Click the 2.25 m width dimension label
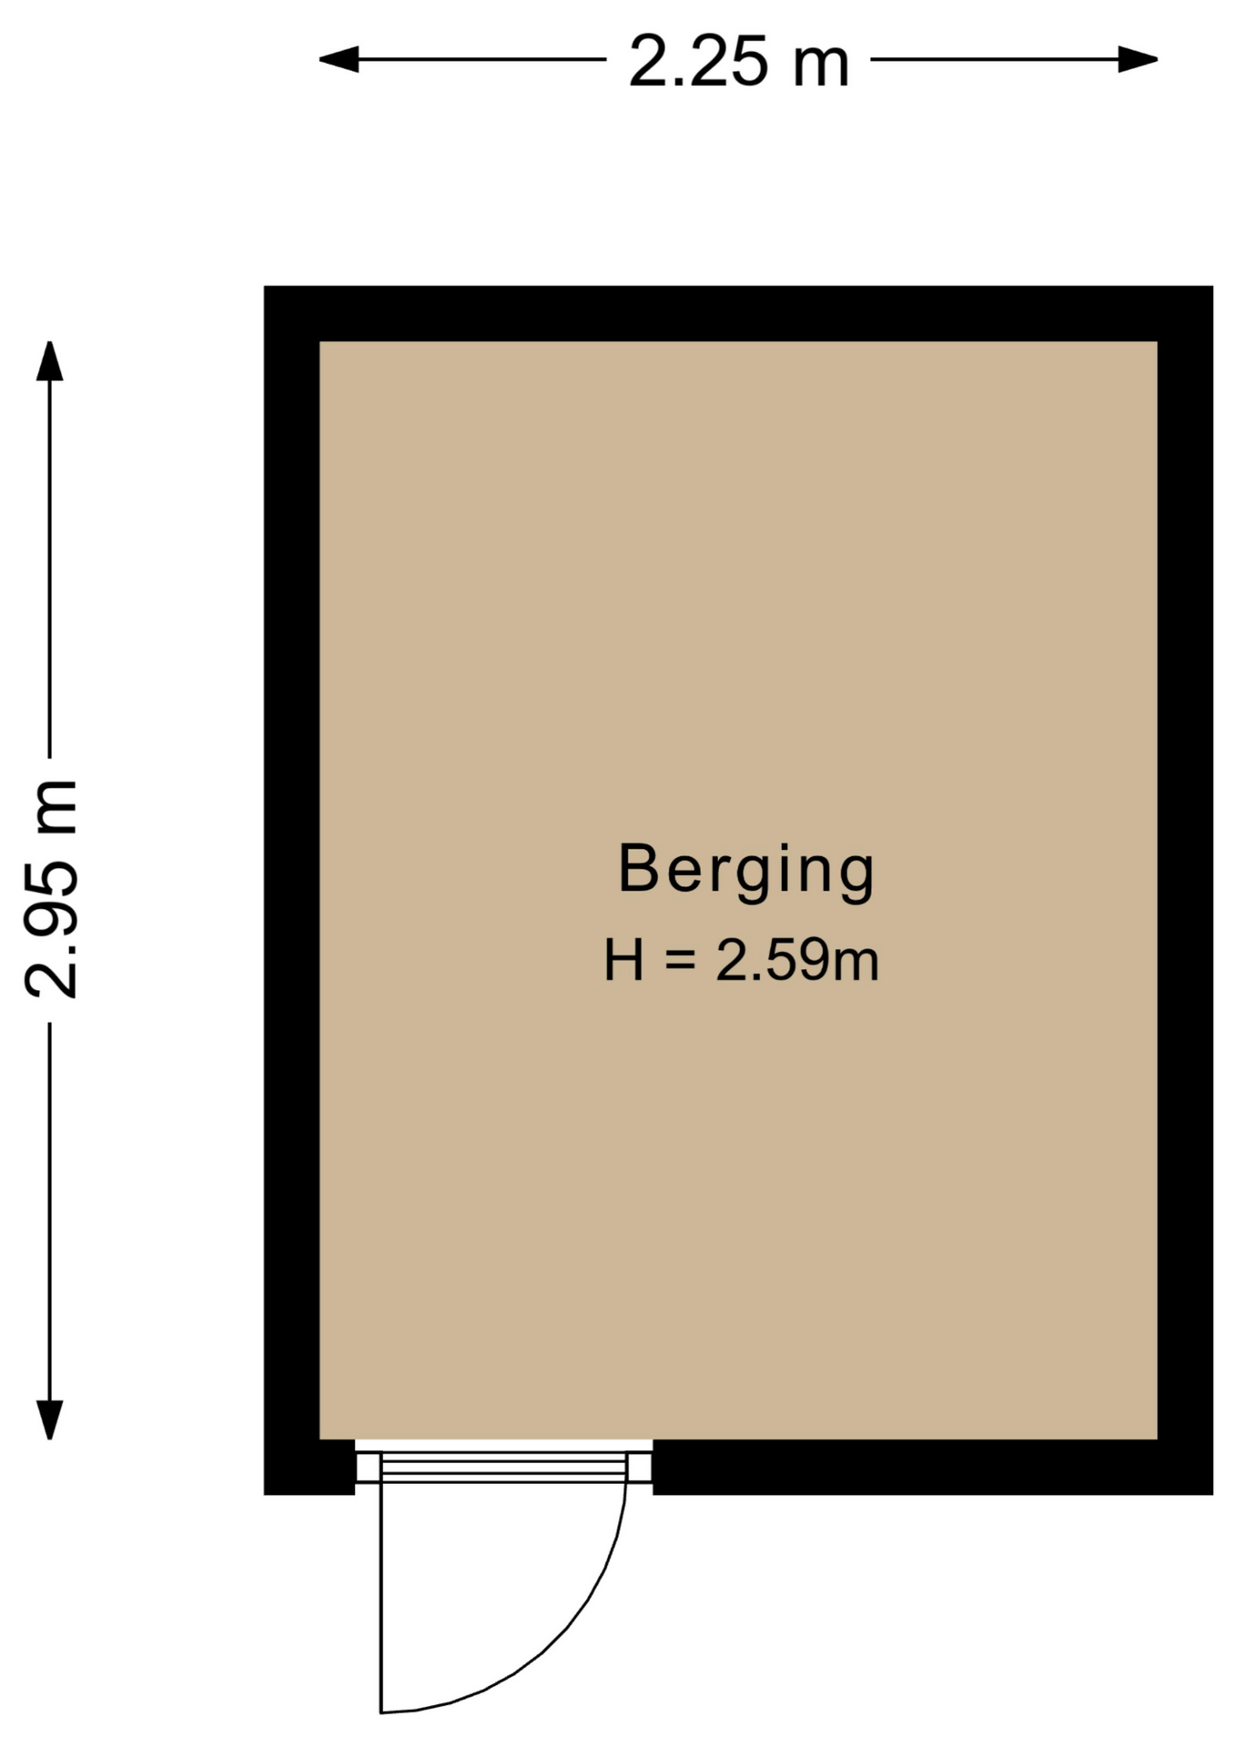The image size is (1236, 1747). click(738, 61)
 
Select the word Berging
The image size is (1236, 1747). click(746, 872)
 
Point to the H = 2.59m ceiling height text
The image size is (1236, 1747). click(741, 960)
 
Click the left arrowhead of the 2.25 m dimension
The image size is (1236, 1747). click(338, 60)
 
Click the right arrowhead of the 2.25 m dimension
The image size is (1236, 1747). click(1138, 60)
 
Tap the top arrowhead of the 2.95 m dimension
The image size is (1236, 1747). click(49, 361)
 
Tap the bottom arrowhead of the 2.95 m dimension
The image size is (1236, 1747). click(49, 1419)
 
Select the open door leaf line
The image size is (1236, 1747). click(381, 1598)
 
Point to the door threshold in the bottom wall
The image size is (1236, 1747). click(503, 1467)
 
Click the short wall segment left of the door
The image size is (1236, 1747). click(309, 1467)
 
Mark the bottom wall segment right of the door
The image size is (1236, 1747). click(933, 1467)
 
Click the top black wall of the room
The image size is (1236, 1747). click(738, 314)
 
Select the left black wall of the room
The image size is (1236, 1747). click(291, 890)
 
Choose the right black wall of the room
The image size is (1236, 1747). click(1185, 890)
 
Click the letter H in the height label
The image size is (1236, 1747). click(624, 960)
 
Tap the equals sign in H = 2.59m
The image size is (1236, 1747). click(680, 961)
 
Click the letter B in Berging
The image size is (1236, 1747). click(638, 868)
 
